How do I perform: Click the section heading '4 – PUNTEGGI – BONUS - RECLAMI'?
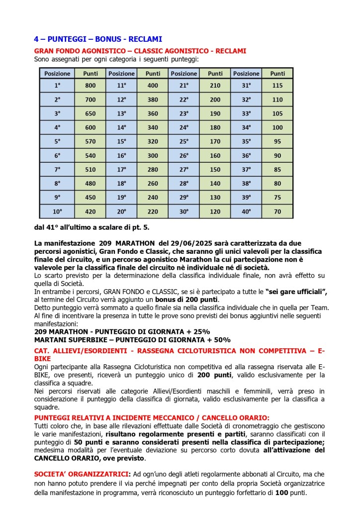[98, 39]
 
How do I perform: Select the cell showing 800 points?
[90, 85]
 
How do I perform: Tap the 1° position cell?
[57, 85]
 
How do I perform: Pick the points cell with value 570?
[90, 141]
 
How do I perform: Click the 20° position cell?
[121, 211]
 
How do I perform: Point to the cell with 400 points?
[153, 85]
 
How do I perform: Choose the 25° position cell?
[184, 141]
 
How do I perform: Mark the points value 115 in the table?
[277, 85]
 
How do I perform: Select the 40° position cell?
[247, 211]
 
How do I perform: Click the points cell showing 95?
[277, 141]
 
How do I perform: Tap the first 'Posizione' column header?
[57, 73]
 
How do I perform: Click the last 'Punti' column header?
[277, 73]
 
